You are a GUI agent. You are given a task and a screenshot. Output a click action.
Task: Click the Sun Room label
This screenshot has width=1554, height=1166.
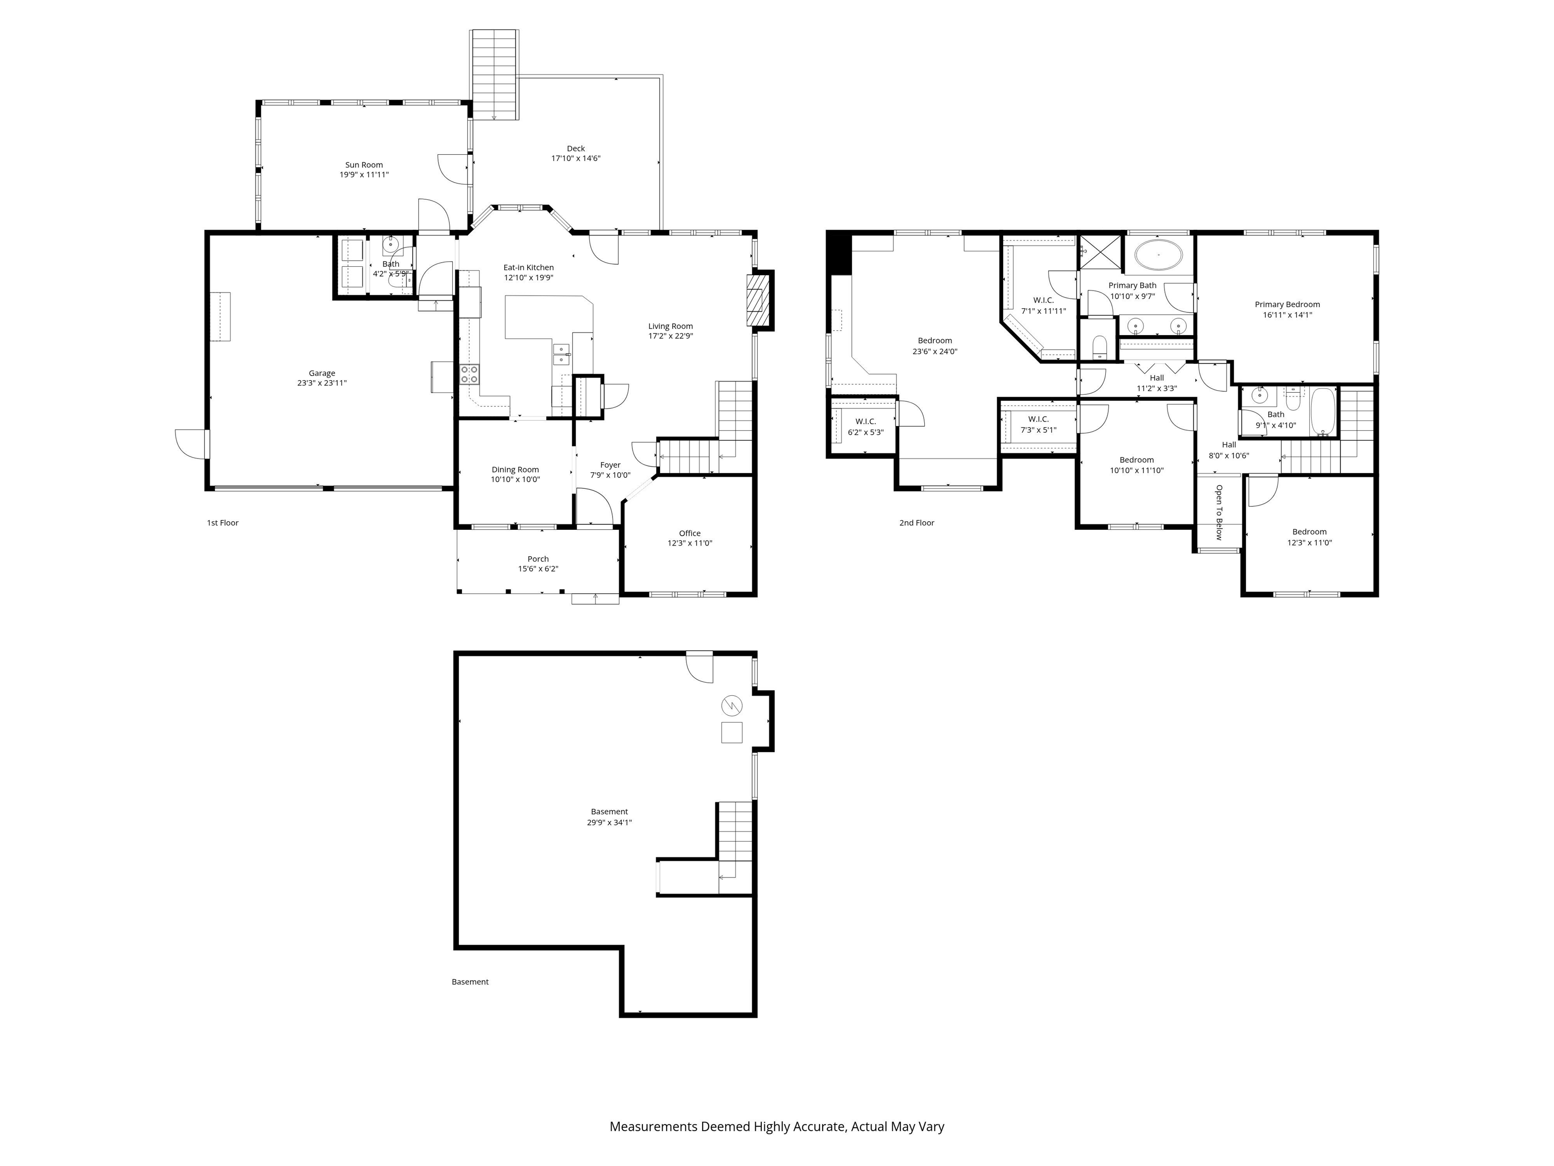click(364, 164)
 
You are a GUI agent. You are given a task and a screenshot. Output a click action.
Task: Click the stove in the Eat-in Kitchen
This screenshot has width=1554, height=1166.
click(469, 374)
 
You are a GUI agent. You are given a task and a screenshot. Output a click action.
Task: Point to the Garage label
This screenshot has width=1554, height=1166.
click(322, 373)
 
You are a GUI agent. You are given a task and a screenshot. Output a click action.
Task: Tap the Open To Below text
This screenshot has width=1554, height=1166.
click(1219, 512)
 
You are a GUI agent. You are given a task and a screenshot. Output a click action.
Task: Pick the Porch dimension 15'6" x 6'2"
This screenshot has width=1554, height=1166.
click(538, 569)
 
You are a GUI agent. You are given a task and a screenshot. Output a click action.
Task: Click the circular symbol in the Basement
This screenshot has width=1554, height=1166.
click(731, 705)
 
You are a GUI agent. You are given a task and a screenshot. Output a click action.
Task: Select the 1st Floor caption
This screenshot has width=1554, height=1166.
click(223, 523)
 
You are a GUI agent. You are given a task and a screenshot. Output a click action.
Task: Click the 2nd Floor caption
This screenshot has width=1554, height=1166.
click(917, 523)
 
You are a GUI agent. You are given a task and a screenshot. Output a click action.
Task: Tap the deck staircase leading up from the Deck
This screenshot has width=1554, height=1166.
click(495, 74)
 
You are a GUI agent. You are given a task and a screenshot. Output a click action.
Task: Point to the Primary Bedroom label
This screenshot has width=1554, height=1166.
click(1287, 304)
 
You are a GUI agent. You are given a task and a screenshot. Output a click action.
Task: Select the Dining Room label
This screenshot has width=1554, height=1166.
click(515, 470)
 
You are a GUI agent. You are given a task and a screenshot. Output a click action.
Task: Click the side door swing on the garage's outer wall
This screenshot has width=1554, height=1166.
click(191, 444)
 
